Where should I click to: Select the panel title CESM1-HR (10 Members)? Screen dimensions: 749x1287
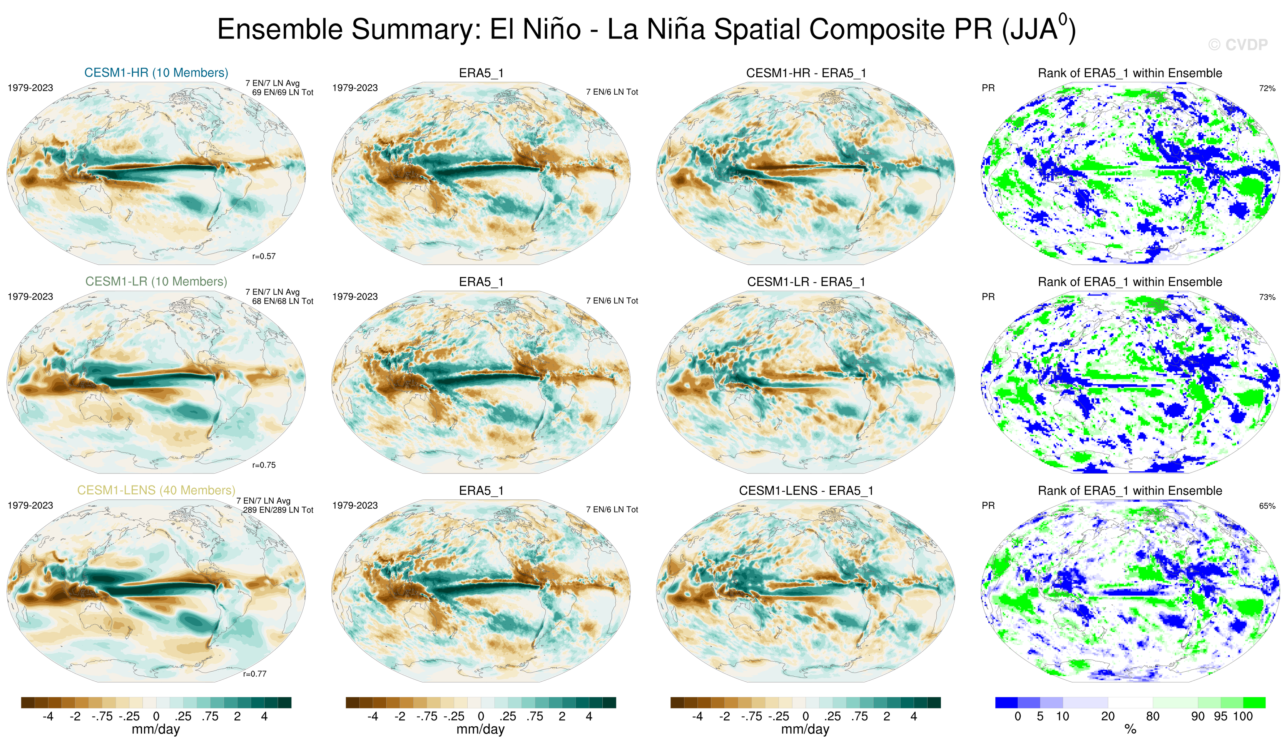click(x=156, y=72)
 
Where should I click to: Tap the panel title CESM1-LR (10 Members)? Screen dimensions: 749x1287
click(x=156, y=281)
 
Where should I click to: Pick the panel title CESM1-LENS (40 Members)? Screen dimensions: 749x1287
click(x=156, y=490)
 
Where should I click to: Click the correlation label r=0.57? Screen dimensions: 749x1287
click(x=264, y=256)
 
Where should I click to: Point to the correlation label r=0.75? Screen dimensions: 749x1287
click(x=264, y=465)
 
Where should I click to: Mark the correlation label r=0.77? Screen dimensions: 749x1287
click(x=254, y=674)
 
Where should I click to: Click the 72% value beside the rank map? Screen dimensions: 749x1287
click(x=1267, y=88)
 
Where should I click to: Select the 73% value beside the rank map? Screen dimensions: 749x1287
click(x=1267, y=297)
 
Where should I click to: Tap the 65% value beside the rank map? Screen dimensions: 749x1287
click(x=1267, y=506)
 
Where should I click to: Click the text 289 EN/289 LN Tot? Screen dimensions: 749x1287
click(x=278, y=510)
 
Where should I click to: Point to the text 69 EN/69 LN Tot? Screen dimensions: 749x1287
click(x=282, y=92)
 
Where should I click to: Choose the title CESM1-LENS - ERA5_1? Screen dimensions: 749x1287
click(x=806, y=490)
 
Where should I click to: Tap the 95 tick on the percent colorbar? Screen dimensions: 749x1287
click(x=1220, y=716)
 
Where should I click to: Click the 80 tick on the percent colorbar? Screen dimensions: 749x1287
click(x=1153, y=716)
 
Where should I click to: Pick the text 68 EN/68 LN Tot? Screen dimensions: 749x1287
click(x=282, y=301)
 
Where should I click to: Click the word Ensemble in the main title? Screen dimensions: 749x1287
click(x=280, y=29)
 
